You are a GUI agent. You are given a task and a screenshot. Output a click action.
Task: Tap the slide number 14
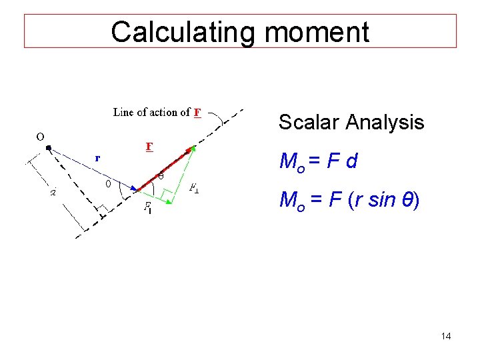click(x=446, y=336)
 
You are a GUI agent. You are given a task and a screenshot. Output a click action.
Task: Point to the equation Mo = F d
click(x=318, y=161)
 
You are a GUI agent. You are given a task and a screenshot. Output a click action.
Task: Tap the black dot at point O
click(x=49, y=148)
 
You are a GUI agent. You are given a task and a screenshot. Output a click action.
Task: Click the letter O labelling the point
click(x=40, y=136)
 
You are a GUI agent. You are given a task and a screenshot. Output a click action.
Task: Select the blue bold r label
click(x=97, y=158)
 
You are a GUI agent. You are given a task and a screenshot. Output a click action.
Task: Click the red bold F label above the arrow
click(x=149, y=145)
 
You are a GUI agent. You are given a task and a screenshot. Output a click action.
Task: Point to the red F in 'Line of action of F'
click(x=197, y=112)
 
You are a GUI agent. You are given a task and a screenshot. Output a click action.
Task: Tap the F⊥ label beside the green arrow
click(x=195, y=189)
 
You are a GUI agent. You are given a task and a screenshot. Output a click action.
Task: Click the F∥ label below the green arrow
click(x=148, y=207)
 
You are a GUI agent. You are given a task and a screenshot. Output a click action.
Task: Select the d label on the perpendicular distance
click(x=54, y=193)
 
